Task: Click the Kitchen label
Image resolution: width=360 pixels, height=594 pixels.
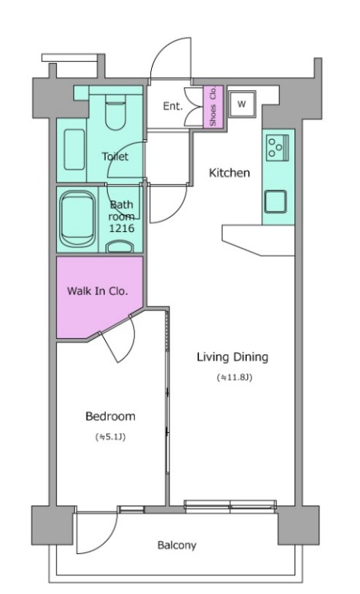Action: [229, 173]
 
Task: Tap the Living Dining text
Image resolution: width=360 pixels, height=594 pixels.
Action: [232, 357]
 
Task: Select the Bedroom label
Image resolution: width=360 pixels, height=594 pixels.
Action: [110, 416]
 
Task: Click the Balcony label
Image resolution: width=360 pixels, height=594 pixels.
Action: [177, 545]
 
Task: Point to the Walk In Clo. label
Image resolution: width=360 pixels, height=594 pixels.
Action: [97, 291]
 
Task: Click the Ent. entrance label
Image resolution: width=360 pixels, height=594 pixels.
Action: [173, 106]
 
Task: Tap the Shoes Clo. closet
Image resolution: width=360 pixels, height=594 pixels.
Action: [213, 106]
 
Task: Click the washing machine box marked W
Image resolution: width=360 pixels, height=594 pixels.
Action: [242, 104]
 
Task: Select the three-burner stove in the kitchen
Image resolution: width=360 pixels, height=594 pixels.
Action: [277, 148]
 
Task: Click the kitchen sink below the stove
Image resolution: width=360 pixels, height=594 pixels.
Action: [275, 202]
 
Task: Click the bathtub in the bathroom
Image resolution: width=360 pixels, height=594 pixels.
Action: [78, 219]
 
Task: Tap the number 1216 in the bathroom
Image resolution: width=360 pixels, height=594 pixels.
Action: [122, 228]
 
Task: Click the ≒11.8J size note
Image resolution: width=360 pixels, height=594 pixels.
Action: [234, 378]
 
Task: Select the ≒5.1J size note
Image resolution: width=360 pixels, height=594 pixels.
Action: [110, 437]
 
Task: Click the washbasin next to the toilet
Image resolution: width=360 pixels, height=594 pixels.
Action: [74, 149]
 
